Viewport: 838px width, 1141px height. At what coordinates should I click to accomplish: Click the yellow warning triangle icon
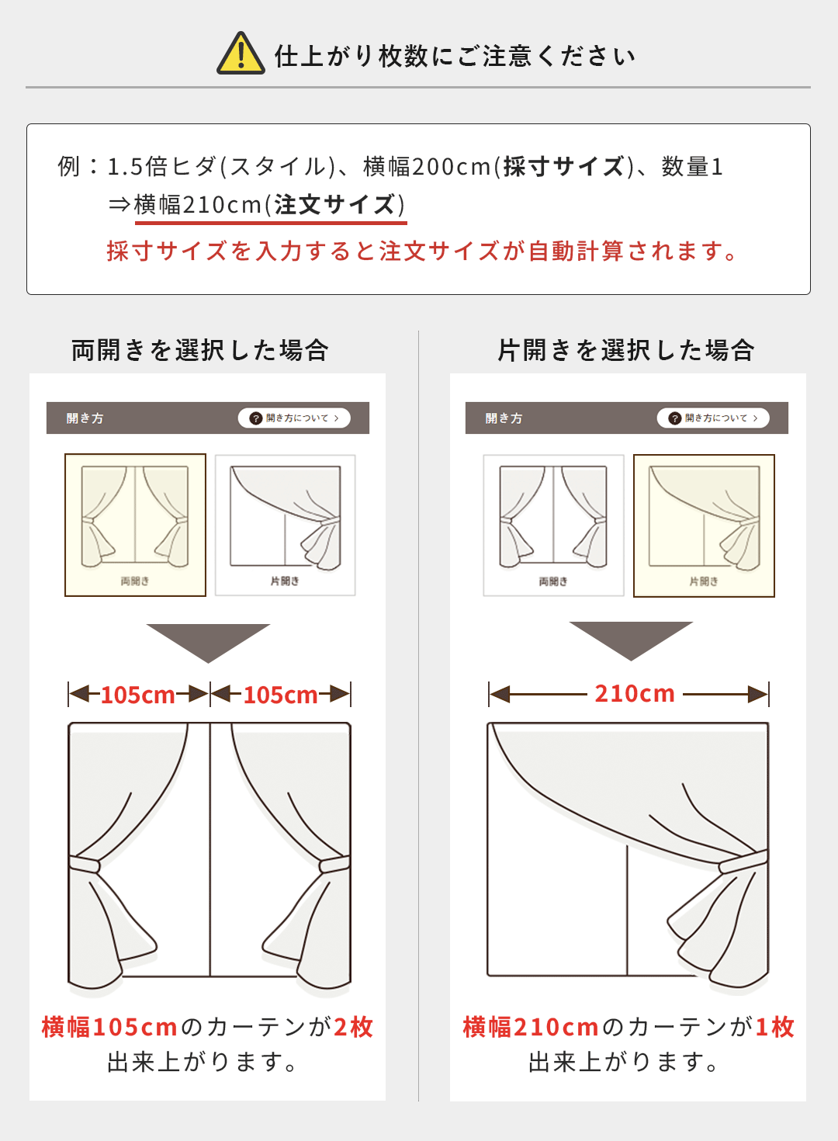coord(241,54)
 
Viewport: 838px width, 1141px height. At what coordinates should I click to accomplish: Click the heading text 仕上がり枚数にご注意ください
coord(455,56)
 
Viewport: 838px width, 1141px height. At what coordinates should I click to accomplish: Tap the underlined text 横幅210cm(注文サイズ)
coord(269,205)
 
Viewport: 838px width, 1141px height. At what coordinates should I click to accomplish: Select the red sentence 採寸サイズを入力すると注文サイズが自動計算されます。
coord(423,251)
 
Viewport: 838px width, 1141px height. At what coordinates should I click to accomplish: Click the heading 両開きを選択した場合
coord(200,350)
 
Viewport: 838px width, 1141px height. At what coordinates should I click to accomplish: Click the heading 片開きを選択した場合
coord(625,350)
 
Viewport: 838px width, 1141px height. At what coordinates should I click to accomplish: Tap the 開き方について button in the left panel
coord(294,418)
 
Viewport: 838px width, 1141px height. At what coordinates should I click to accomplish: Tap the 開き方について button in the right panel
coord(713,418)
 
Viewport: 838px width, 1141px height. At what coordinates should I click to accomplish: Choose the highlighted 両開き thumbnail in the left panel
coord(135,525)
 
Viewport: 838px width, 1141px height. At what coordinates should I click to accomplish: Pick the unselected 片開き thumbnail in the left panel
coord(285,525)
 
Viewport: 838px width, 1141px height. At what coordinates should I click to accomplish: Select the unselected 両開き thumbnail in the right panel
coord(553,525)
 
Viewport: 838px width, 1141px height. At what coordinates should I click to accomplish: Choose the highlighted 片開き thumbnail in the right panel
coord(704,525)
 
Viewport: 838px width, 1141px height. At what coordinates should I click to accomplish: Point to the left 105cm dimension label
coord(138,694)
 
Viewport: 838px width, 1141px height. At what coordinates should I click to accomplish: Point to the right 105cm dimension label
coord(280,694)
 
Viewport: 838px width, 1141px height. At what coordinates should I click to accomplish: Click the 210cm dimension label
coord(635,693)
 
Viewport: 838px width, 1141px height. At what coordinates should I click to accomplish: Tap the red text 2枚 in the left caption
coord(354,1027)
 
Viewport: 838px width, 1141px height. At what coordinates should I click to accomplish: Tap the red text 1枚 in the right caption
coord(775,1027)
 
